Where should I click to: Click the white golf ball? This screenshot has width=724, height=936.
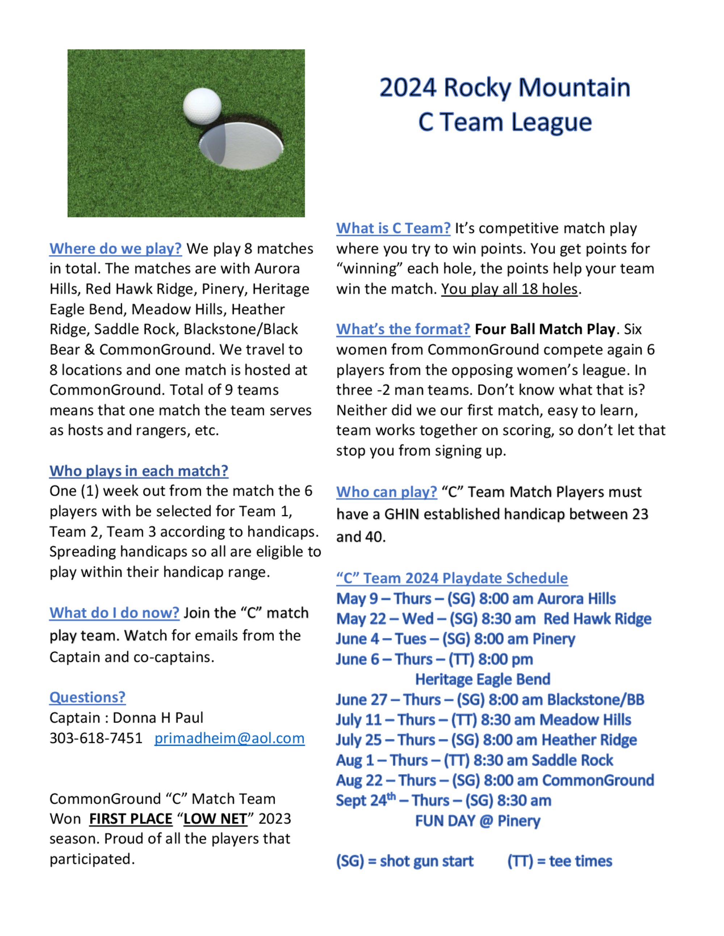point(202,106)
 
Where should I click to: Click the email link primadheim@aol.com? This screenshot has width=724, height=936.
point(230,738)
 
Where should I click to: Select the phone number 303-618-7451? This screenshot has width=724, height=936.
point(96,738)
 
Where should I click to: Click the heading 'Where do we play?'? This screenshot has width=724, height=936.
point(115,248)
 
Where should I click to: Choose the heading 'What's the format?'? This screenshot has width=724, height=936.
point(403,329)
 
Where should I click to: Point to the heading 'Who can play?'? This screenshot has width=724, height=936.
point(387,492)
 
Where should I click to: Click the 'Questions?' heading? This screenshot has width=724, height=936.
point(88,697)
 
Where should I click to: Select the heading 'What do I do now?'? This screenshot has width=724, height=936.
point(114,613)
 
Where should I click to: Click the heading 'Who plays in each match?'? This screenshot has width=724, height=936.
point(139,471)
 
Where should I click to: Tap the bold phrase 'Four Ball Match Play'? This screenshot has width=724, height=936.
point(545,329)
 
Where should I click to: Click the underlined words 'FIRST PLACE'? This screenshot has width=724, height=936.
point(130,819)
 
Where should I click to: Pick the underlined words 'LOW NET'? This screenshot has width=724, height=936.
point(215,819)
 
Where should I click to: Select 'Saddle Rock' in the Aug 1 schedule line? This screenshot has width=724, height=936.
point(572,760)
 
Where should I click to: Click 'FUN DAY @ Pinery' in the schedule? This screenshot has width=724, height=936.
point(477,821)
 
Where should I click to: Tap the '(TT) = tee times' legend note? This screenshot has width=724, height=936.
point(560,861)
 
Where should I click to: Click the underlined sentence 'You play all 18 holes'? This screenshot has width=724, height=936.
point(509,289)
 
